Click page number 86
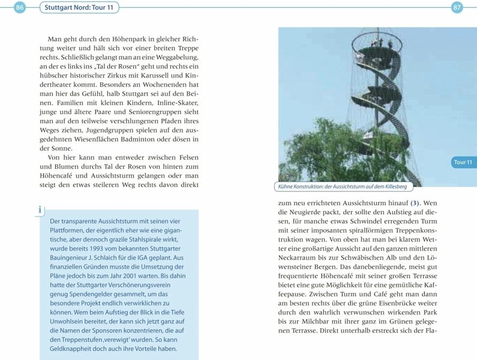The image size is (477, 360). [20, 7]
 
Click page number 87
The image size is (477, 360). [457, 7]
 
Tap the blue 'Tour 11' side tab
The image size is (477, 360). [463, 163]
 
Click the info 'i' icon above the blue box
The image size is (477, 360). [40, 209]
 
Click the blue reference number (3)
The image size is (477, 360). [415, 204]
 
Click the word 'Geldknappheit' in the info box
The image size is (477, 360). [73, 348]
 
